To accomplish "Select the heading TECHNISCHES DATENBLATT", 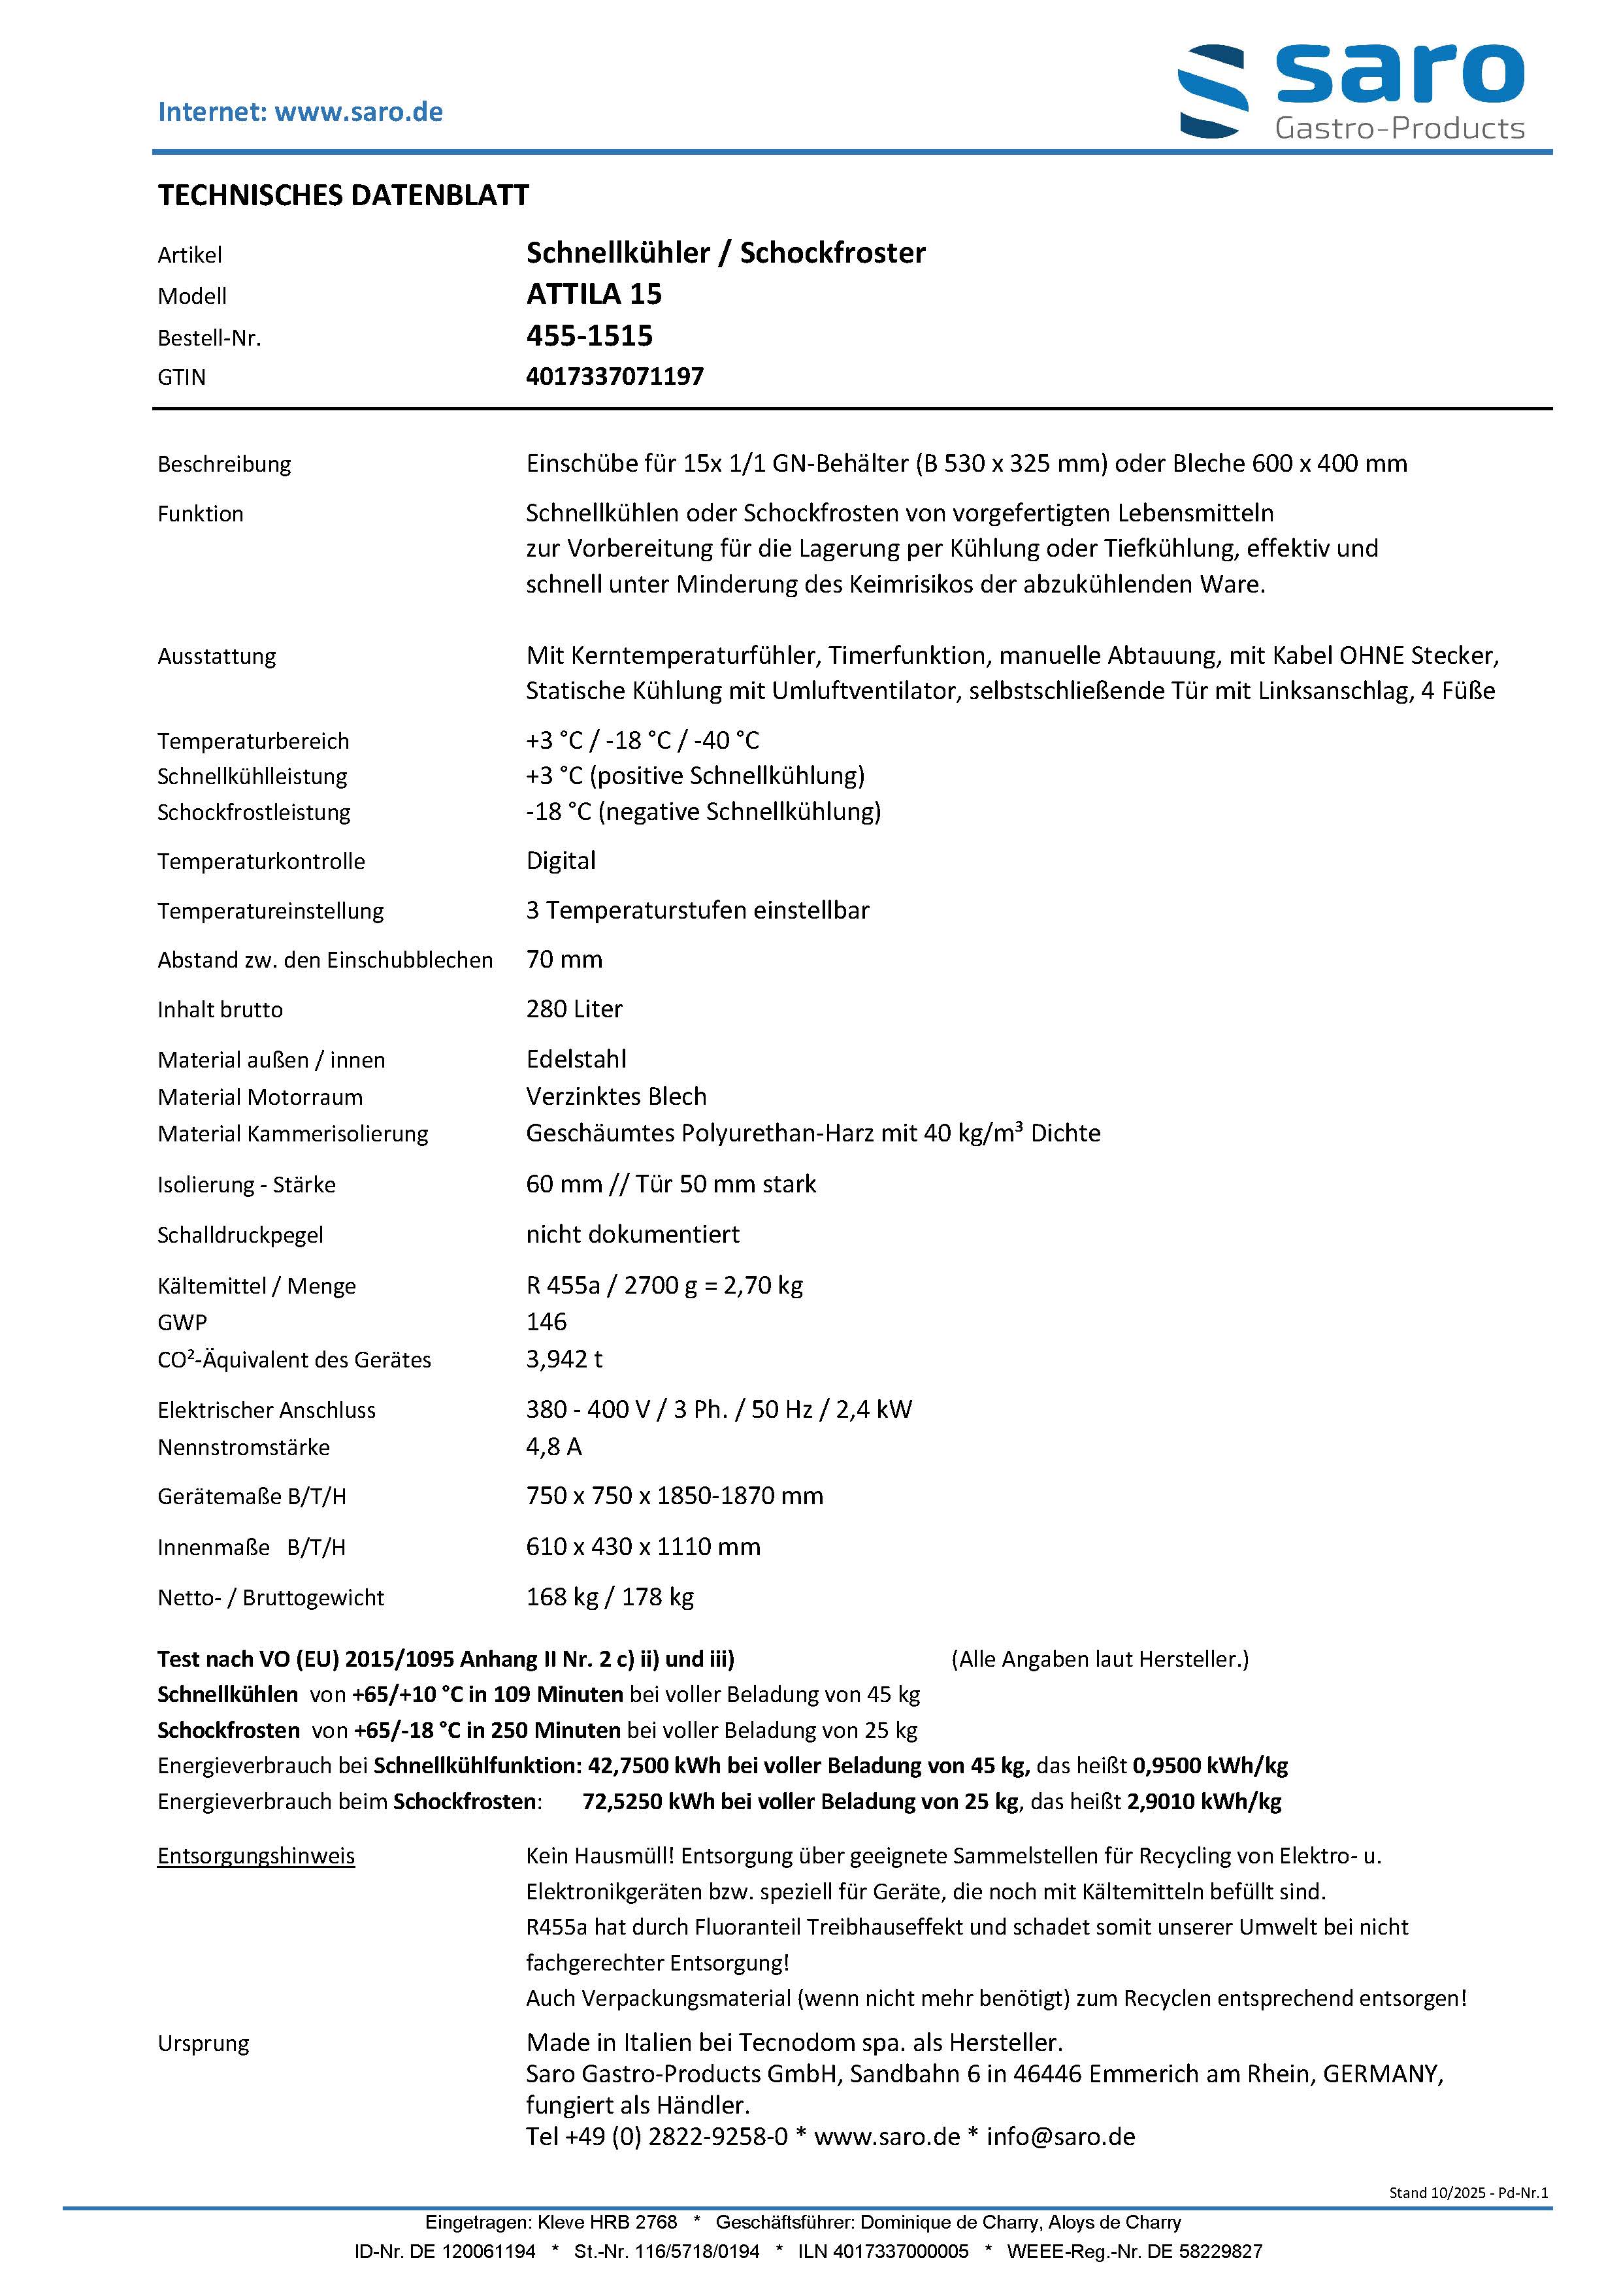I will point(344,195).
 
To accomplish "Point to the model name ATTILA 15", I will point(594,295).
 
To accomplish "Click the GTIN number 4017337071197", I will point(615,378).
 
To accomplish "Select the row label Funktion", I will point(201,514).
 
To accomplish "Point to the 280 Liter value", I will point(574,1009).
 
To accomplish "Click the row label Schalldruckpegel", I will point(240,1236).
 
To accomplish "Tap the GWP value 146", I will point(546,1322).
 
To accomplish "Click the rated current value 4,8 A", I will point(554,1447).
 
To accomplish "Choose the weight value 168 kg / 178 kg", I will point(610,1597).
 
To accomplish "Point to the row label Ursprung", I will point(204,2044).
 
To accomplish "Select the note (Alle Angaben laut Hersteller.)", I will point(1100,1659).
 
